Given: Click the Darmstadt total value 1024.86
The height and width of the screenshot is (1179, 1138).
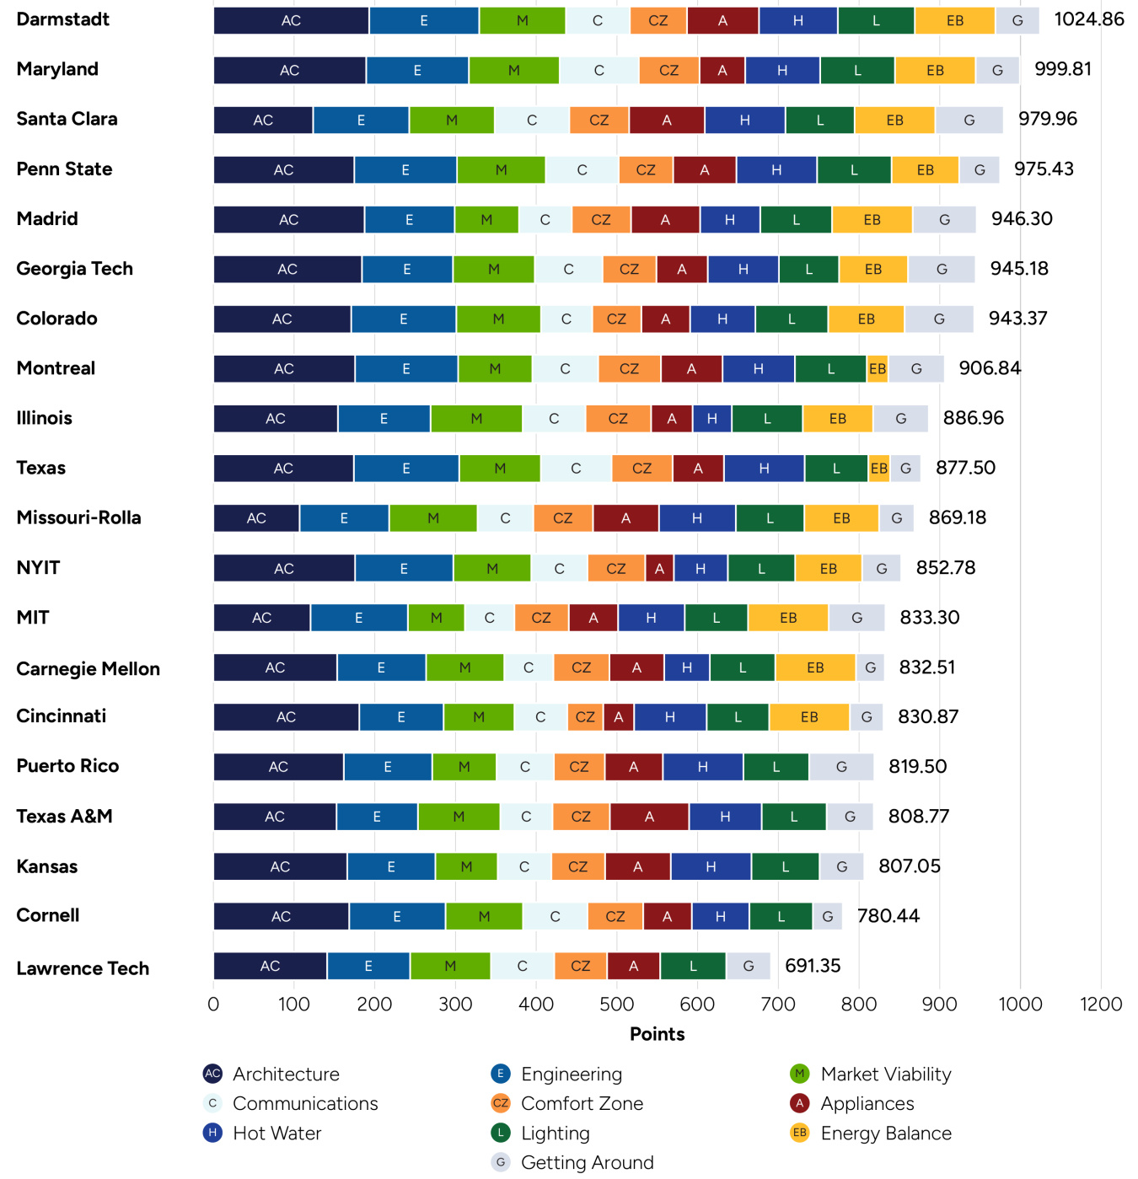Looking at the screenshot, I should click(1088, 19).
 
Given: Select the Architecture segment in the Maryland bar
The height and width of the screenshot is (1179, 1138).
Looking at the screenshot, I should click(289, 71).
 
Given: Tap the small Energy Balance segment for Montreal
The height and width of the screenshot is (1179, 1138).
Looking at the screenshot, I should click(878, 369).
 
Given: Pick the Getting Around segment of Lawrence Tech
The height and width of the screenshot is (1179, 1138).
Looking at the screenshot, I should click(748, 966).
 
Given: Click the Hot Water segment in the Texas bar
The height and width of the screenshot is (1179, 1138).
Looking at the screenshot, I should click(764, 469).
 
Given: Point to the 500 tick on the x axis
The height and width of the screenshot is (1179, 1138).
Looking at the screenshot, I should click(617, 1004).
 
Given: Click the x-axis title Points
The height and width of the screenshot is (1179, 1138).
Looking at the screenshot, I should click(657, 1034).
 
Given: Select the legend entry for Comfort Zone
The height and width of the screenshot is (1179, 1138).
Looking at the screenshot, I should click(581, 1103).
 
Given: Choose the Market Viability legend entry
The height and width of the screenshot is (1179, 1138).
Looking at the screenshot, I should click(884, 1074).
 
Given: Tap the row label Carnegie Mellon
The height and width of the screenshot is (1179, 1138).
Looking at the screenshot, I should click(88, 669).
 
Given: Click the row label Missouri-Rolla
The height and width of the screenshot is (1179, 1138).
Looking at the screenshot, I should click(78, 517).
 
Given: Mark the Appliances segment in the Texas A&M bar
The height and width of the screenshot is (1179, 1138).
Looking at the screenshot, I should click(649, 817).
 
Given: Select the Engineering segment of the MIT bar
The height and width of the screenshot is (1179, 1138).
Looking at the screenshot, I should click(358, 618).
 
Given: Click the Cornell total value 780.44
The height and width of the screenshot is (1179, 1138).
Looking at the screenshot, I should click(888, 916).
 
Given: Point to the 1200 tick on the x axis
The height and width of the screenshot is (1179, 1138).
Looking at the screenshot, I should click(1100, 1004).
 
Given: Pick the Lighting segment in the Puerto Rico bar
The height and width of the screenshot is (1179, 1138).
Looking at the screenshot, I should click(776, 767).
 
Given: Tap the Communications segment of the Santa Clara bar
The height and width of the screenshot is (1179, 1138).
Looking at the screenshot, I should click(532, 121).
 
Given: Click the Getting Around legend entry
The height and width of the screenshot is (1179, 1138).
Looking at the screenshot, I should click(586, 1162).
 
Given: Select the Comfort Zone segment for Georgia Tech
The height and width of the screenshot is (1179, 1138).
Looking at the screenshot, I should click(629, 270).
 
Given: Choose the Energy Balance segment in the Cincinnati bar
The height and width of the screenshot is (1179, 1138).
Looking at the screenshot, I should click(809, 717).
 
